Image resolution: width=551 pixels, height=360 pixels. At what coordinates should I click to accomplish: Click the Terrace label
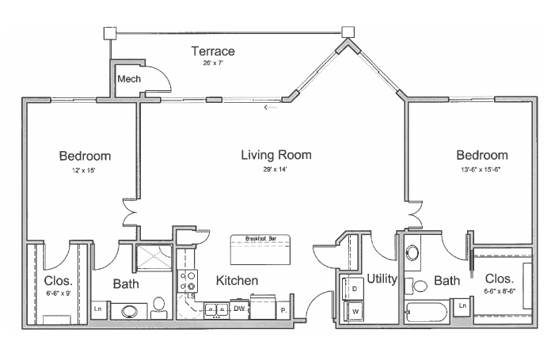click(x=213, y=52)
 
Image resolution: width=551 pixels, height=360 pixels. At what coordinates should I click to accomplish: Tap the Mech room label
click(x=128, y=79)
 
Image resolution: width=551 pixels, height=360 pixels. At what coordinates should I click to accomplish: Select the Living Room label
click(x=276, y=155)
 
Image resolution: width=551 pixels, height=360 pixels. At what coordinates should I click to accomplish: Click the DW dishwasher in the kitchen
click(x=238, y=309)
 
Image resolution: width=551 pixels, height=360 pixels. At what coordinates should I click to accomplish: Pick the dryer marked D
click(x=354, y=289)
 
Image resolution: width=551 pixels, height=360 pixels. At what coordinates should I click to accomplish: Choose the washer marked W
click(x=354, y=310)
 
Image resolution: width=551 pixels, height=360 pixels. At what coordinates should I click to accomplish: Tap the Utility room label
click(x=381, y=279)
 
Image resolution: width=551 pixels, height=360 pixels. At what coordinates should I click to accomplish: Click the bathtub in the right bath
click(x=426, y=313)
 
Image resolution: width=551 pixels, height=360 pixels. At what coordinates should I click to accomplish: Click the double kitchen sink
click(x=215, y=309)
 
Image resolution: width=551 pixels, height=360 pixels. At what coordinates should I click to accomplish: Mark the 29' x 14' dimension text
click(x=276, y=169)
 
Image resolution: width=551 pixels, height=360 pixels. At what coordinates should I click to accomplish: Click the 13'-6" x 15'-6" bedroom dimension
click(x=481, y=170)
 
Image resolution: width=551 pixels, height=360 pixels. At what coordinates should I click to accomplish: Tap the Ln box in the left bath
click(x=100, y=309)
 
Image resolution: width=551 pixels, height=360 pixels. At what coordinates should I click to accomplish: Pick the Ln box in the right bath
click(x=462, y=305)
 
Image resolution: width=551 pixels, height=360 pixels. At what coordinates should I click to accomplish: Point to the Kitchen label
click(x=237, y=281)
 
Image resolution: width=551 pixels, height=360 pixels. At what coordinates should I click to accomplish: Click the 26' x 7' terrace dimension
click(x=213, y=63)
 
